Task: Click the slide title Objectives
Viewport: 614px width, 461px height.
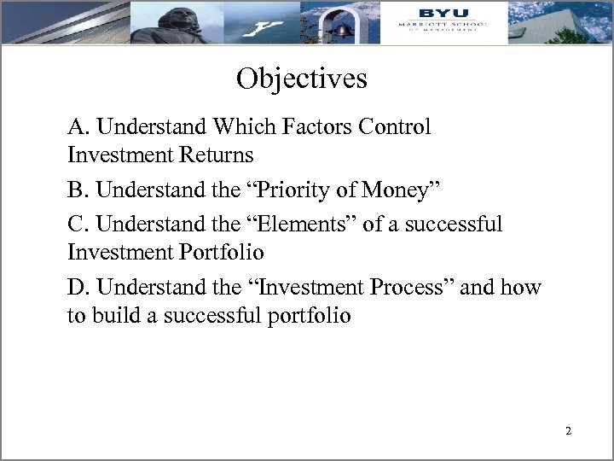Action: (x=302, y=79)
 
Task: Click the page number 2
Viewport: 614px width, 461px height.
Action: (x=568, y=431)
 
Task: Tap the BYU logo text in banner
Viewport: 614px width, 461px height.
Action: (x=438, y=12)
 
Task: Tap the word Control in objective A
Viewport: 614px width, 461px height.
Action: (x=397, y=128)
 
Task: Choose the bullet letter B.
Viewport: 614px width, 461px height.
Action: (x=78, y=190)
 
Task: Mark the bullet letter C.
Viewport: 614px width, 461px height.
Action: (x=78, y=225)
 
